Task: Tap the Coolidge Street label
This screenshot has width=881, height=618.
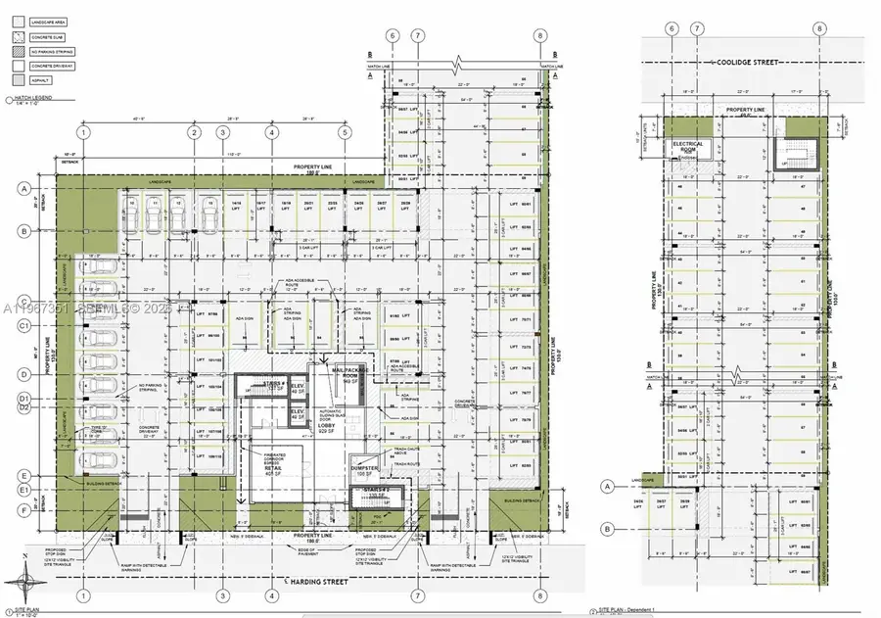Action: (x=752, y=63)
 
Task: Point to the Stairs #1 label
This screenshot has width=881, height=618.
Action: (x=275, y=384)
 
